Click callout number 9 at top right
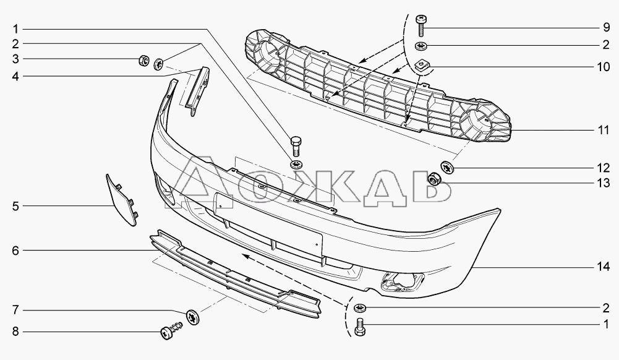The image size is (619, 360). tap(607, 28)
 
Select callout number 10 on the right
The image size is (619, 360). tap(603, 67)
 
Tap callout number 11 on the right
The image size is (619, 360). tap(603, 130)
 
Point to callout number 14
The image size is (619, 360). tap(603, 267)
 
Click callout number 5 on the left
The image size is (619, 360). tap(15, 206)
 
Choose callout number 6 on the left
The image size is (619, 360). tap(15, 251)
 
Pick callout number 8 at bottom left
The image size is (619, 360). tap(15, 332)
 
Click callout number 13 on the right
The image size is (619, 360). tap(603, 183)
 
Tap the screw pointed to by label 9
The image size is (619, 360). tap(422, 25)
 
